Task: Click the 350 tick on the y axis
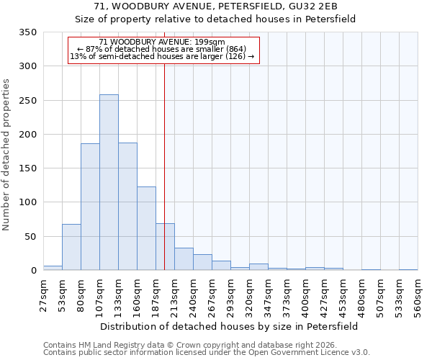pos(28,32)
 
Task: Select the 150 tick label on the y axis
pos(28,168)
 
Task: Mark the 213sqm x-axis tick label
pos(175,294)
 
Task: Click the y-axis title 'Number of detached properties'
pos(6,156)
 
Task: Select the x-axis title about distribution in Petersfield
pos(229,326)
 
